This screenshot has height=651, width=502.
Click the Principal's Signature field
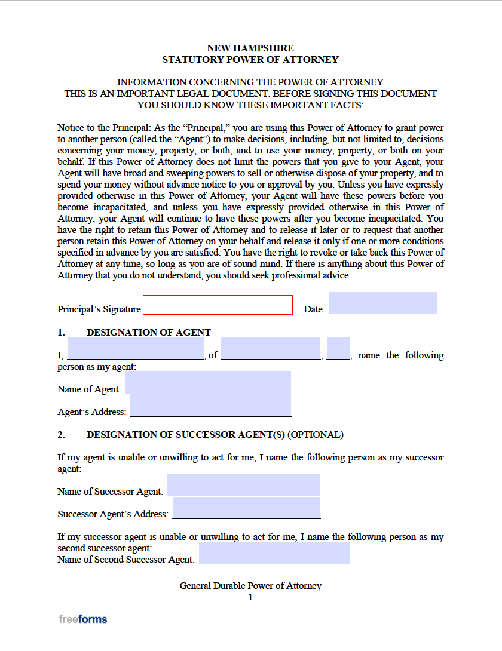point(218,305)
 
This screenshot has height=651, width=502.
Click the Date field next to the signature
point(383,303)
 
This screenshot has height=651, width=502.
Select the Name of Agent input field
point(208,383)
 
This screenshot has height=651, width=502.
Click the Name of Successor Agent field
point(244,484)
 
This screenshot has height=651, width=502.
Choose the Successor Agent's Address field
point(246,508)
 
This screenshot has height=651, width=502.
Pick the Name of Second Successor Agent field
point(274,553)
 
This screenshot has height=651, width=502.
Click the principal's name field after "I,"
point(136,349)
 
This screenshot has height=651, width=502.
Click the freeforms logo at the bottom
point(83,619)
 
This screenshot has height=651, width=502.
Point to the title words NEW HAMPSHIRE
point(250,48)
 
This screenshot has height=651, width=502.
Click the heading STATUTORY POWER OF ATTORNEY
point(250,60)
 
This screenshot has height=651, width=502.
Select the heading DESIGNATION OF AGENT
point(149,333)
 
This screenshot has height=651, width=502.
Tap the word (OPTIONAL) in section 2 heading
point(316,435)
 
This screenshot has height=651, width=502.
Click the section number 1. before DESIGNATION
point(61,333)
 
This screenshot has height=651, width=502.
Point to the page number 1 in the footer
point(250,597)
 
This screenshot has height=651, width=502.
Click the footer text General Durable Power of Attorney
point(250,586)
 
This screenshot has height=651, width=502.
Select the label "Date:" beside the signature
point(314,309)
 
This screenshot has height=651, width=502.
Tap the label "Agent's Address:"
point(92,412)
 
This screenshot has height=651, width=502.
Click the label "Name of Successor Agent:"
point(110,492)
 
